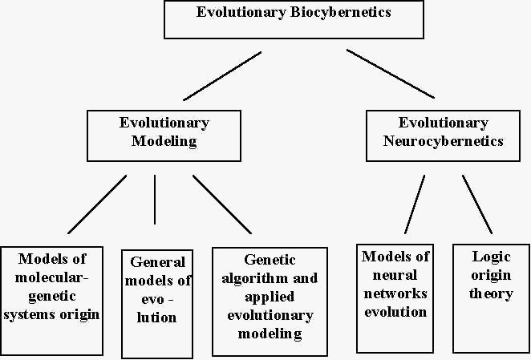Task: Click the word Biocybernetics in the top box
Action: coord(341,13)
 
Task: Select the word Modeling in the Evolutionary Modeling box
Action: coord(164,141)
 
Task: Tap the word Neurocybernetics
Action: coord(443,141)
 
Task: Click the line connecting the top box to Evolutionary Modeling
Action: coord(222,76)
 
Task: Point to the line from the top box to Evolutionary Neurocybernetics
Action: coord(390,74)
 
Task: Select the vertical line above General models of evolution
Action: coord(155,200)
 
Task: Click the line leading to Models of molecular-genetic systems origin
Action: coord(97,204)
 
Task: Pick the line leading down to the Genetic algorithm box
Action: coord(222,204)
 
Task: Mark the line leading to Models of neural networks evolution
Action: coord(415,204)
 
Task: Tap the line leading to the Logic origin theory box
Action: coord(477,204)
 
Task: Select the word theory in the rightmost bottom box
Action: coord(491,293)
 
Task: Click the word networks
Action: coord(395,293)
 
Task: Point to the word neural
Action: coord(395,275)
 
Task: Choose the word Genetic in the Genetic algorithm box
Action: coord(270,260)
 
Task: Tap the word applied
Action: coord(270,297)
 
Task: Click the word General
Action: coord(157,262)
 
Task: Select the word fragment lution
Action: coord(156,318)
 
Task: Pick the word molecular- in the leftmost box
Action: coord(51,277)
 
